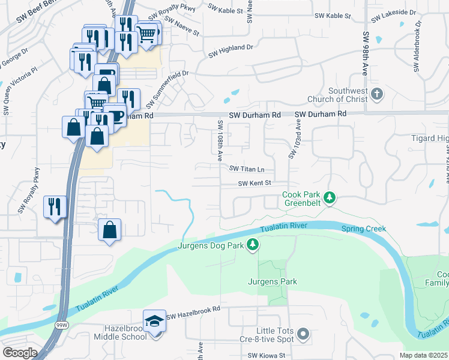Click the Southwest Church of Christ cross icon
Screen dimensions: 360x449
coord(376,94)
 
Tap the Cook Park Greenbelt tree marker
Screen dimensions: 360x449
coord(329,197)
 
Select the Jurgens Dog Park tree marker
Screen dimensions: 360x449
coord(253,244)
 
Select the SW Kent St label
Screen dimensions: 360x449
coord(255,184)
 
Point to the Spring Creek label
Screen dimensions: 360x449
coord(363,229)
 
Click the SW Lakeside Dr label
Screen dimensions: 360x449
coord(396,12)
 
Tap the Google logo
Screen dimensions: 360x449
coord(20,352)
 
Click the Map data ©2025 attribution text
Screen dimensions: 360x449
coord(424,355)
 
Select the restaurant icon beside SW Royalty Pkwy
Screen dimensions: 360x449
coord(55,207)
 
